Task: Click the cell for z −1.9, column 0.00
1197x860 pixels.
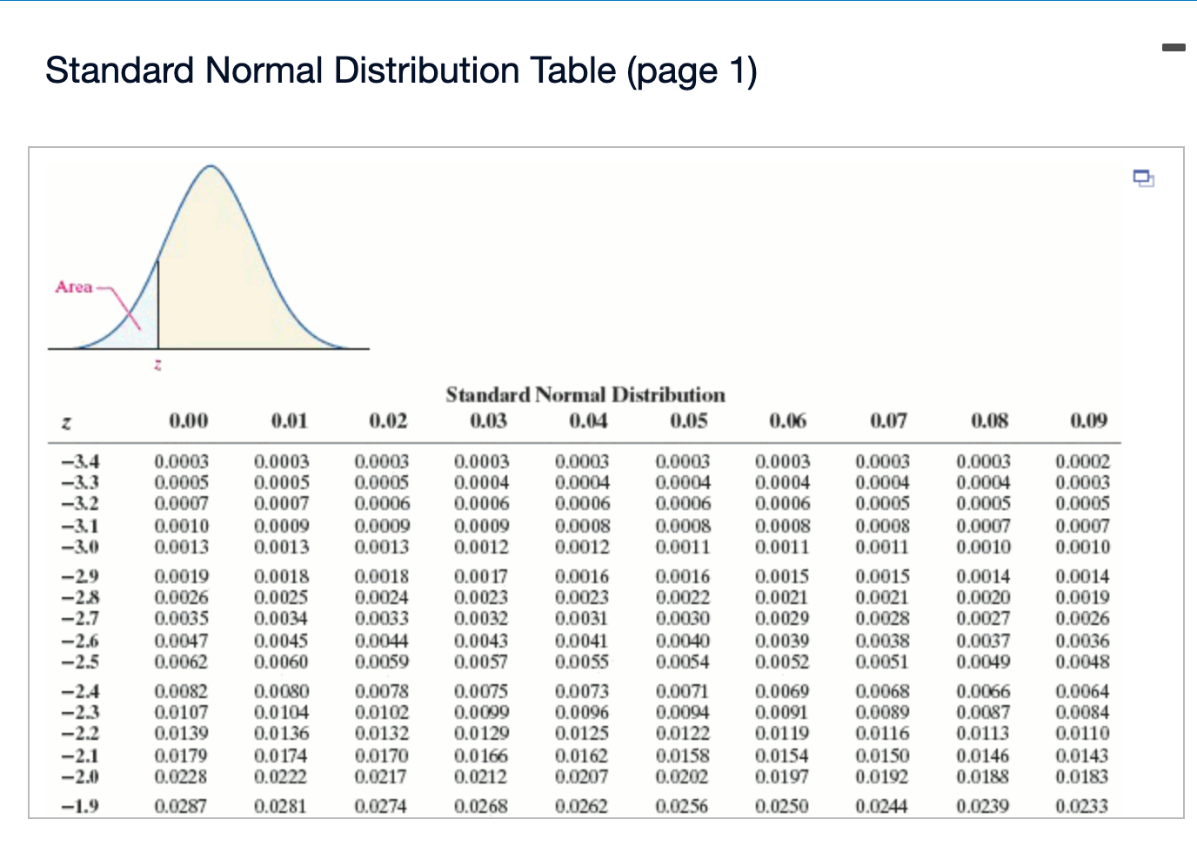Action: point(181,806)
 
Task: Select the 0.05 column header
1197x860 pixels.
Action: point(689,421)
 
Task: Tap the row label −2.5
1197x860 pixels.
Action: point(80,662)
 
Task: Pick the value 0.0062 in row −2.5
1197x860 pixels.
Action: point(181,662)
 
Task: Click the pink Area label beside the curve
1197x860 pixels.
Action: point(74,287)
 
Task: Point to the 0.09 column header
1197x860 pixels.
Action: point(1088,421)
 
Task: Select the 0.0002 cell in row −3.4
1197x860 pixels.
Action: point(1082,461)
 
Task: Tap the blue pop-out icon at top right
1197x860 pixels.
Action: point(1144,178)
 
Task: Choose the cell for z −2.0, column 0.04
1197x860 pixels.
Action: point(582,776)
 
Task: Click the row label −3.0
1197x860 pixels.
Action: point(80,547)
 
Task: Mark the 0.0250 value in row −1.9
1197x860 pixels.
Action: point(782,806)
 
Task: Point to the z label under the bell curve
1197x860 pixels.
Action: point(157,365)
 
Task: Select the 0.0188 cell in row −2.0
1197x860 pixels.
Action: point(983,776)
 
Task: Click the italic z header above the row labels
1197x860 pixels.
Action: point(66,423)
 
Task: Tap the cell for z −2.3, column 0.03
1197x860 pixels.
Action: point(482,712)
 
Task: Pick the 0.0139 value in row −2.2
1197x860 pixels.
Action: point(181,733)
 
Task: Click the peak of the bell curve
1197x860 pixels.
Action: point(211,166)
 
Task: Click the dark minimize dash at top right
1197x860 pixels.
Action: point(1174,47)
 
